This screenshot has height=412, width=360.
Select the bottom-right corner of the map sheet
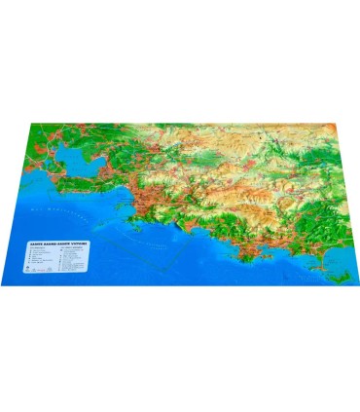[351, 282]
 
